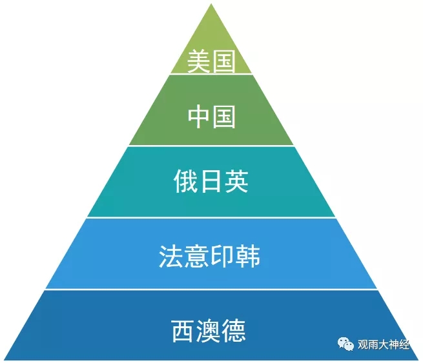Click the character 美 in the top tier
coord(198,63)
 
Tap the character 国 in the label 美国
coord(223,63)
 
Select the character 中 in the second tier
coord(198,117)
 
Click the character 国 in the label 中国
coord(223,117)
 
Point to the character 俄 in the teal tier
coord(185,182)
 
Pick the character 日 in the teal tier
coord(211,182)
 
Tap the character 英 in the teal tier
coord(236,182)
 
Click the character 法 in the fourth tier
coord(172,257)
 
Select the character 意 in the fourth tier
coord(198,257)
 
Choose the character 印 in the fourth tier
coord(223,257)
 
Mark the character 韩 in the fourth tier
coord(249,257)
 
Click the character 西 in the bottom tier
coord(185,331)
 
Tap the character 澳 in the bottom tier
coord(211,331)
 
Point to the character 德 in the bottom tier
coord(236,331)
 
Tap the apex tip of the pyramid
coord(211,6)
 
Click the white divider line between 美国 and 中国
coord(211,74)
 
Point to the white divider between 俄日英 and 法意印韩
coord(211,218)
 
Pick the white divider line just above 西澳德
coord(211,289)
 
